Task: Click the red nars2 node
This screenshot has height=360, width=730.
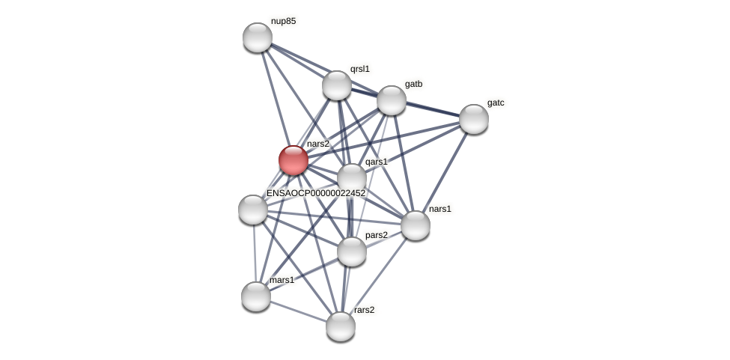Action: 293,160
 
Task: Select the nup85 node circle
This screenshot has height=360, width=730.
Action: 258,37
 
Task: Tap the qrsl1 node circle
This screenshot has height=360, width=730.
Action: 337,85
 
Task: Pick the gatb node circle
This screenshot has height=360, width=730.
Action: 392,100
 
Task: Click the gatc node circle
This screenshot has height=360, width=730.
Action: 474,119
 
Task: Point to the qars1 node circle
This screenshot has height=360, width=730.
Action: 352,178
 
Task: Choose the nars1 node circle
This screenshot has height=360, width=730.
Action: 416,225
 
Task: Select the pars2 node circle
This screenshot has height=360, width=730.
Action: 352,251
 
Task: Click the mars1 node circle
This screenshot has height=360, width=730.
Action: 256,296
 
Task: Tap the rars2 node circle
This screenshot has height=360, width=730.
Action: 341,326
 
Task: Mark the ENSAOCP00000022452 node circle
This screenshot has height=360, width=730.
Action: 253,210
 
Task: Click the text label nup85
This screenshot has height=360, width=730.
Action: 283,21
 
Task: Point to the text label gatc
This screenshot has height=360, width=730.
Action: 496,103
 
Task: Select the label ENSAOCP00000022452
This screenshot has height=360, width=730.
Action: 316,193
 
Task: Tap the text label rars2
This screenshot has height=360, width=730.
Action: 365,310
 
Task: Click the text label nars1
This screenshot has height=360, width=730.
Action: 440,209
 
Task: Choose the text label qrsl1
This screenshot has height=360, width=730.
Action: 360,69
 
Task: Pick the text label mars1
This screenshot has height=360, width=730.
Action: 282,280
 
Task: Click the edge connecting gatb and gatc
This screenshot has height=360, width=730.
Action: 433,110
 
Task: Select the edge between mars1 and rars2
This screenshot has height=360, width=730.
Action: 298,311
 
